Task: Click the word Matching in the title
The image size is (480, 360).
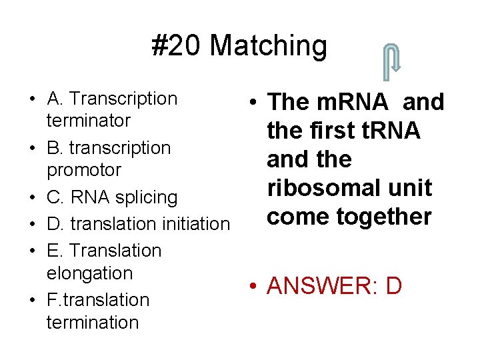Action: point(269,46)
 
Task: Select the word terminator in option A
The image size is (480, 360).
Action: point(89,121)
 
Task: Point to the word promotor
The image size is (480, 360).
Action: point(84,170)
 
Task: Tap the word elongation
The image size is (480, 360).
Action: point(90,273)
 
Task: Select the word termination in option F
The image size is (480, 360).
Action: point(93,323)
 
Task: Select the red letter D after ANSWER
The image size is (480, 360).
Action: point(394,286)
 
